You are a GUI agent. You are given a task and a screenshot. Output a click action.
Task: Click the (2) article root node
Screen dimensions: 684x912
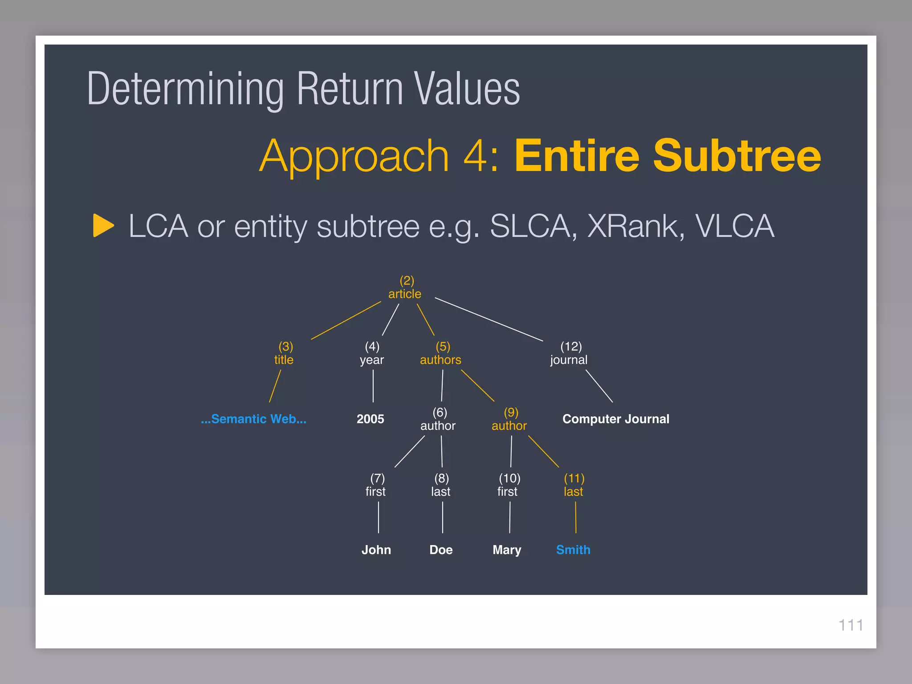point(405,288)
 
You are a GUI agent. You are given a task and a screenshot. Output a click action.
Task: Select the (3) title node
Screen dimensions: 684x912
point(284,354)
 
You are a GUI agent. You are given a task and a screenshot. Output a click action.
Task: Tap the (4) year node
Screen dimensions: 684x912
point(372,354)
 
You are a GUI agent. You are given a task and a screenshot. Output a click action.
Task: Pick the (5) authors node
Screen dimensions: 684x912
point(441,354)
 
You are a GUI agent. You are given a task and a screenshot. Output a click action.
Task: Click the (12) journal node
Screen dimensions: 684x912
point(569,354)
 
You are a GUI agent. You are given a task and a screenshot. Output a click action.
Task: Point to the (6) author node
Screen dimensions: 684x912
point(438,419)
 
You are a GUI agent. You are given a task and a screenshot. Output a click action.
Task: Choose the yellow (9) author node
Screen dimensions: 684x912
point(509,419)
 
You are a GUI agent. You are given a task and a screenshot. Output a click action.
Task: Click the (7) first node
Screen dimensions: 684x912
point(376,485)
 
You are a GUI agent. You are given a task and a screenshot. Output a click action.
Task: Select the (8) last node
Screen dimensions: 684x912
point(441,485)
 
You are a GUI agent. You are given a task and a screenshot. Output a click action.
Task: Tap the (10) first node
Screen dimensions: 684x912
point(508,485)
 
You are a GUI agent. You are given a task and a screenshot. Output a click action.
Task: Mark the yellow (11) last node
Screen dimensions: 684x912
point(574,485)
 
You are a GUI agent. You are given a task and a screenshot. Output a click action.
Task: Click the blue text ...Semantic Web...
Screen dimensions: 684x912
point(253,419)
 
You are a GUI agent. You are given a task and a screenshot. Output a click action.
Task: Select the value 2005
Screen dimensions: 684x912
point(370,419)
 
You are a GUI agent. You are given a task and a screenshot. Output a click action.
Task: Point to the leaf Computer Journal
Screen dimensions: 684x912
point(615,419)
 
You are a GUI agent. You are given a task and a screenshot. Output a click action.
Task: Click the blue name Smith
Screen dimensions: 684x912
point(573,550)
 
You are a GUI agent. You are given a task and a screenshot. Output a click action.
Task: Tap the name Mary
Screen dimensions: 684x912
point(507,550)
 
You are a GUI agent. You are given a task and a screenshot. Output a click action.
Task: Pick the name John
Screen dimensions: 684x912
point(376,550)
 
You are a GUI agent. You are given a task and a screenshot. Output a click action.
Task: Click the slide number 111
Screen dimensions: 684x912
point(851,625)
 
